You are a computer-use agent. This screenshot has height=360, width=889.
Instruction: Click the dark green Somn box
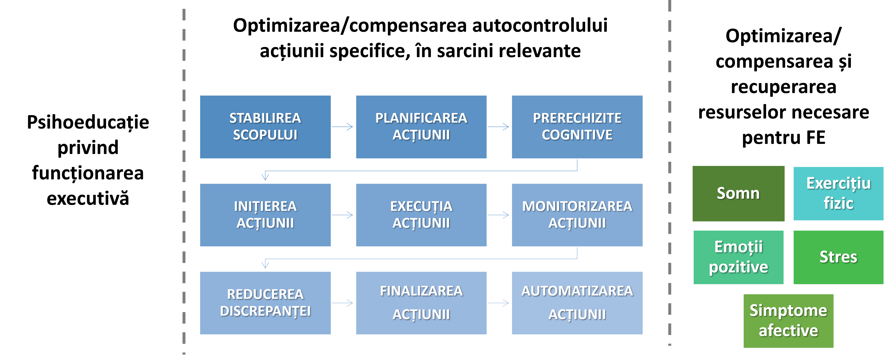(738, 193)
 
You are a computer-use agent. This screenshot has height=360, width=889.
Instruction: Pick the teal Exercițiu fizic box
(838, 193)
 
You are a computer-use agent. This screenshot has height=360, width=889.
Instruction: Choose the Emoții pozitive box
(738, 257)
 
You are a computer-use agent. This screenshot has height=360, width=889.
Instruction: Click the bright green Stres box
(838, 257)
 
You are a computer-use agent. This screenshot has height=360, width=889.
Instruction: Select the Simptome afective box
(788, 321)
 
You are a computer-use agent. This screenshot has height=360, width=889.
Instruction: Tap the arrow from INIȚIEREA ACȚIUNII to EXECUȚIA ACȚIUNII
(343, 215)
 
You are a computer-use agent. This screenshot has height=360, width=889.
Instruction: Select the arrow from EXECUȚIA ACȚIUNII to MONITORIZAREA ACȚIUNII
(499, 215)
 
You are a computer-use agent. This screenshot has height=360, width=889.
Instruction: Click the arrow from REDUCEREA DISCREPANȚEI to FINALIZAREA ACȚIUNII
(343, 303)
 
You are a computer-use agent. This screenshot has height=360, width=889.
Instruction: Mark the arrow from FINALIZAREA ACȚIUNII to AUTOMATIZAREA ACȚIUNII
(499, 303)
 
